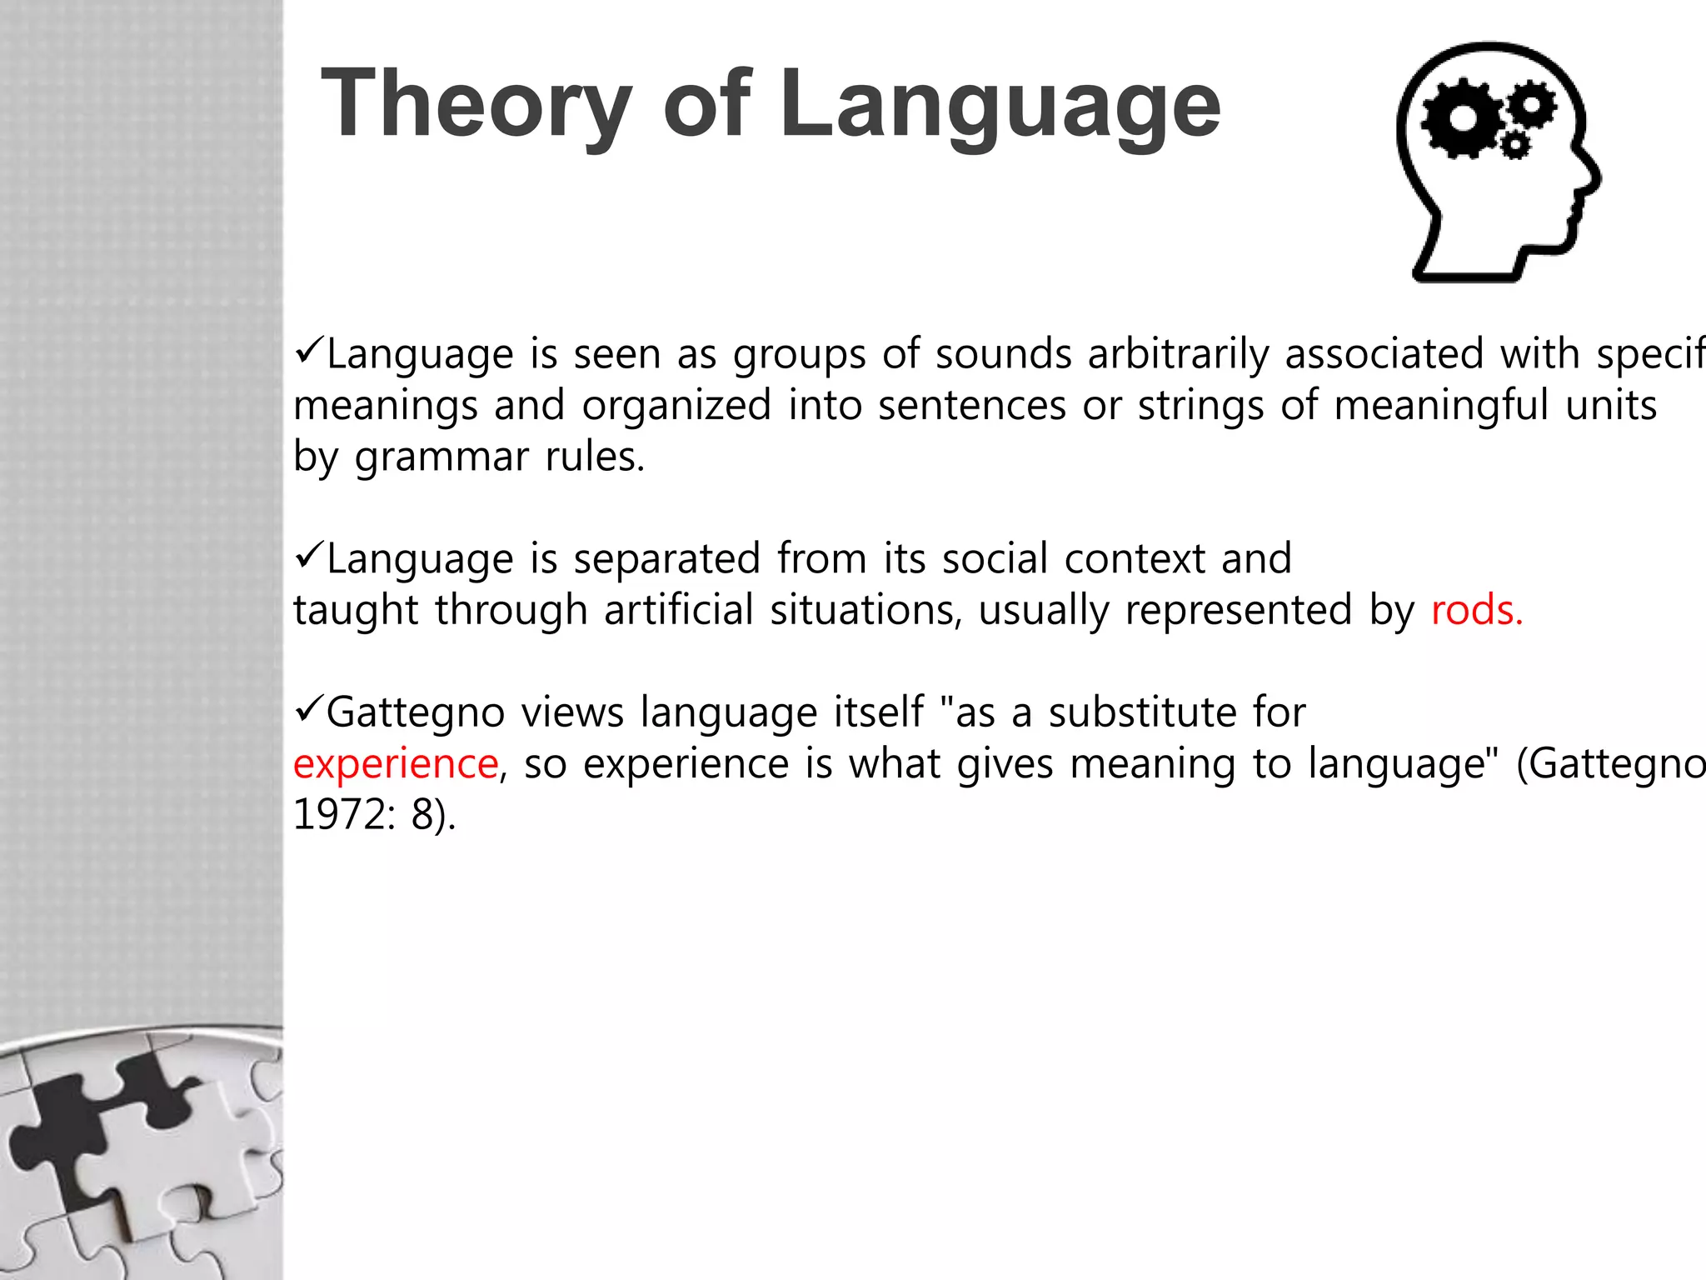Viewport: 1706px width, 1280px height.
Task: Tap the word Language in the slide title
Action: (1000, 104)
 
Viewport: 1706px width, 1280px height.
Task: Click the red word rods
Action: (1476, 610)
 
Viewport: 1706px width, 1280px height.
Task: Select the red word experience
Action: (396, 763)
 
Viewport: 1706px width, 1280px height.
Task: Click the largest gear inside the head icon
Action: (1462, 118)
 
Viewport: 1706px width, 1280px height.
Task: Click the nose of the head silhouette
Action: (1593, 179)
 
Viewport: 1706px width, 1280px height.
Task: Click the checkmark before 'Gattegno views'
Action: (308, 710)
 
